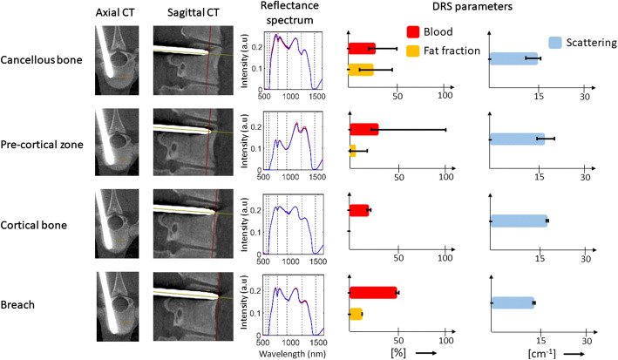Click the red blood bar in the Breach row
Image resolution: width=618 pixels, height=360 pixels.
click(x=372, y=293)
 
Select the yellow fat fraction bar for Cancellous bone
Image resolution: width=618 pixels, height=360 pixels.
click(x=360, y=69)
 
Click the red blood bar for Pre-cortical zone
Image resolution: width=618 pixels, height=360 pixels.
click(x=363, y=130)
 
